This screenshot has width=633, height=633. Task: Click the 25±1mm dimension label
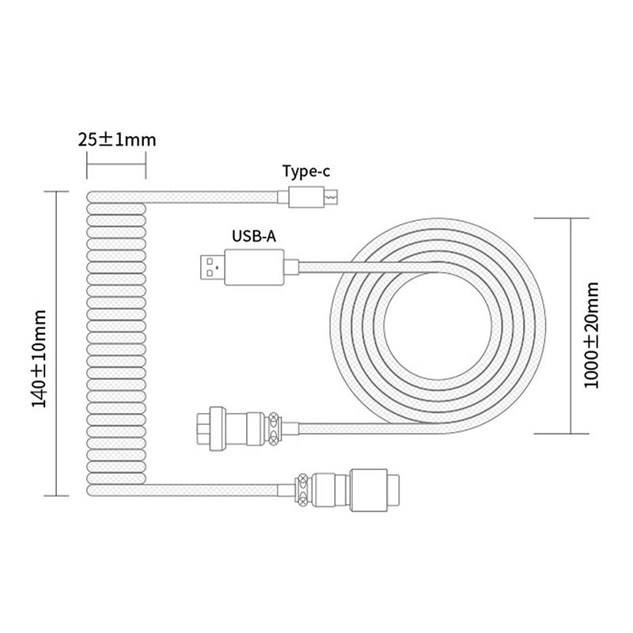coord(116,140)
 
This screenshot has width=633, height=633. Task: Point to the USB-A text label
coord(253,236)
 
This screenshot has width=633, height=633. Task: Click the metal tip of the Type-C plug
coord(334,195)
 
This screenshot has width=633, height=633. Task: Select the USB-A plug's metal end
coord(209,267)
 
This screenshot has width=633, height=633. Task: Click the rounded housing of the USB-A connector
coord(252,267)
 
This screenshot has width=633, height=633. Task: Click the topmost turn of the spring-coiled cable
coord(116,196)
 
